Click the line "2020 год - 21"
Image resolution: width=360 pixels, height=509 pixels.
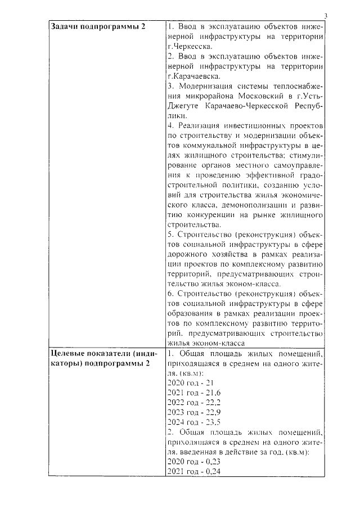(x=191, y=382)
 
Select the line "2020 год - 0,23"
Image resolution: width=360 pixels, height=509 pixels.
(x=194, y=461)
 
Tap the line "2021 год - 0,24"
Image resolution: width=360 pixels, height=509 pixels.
(x=194, y=471)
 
